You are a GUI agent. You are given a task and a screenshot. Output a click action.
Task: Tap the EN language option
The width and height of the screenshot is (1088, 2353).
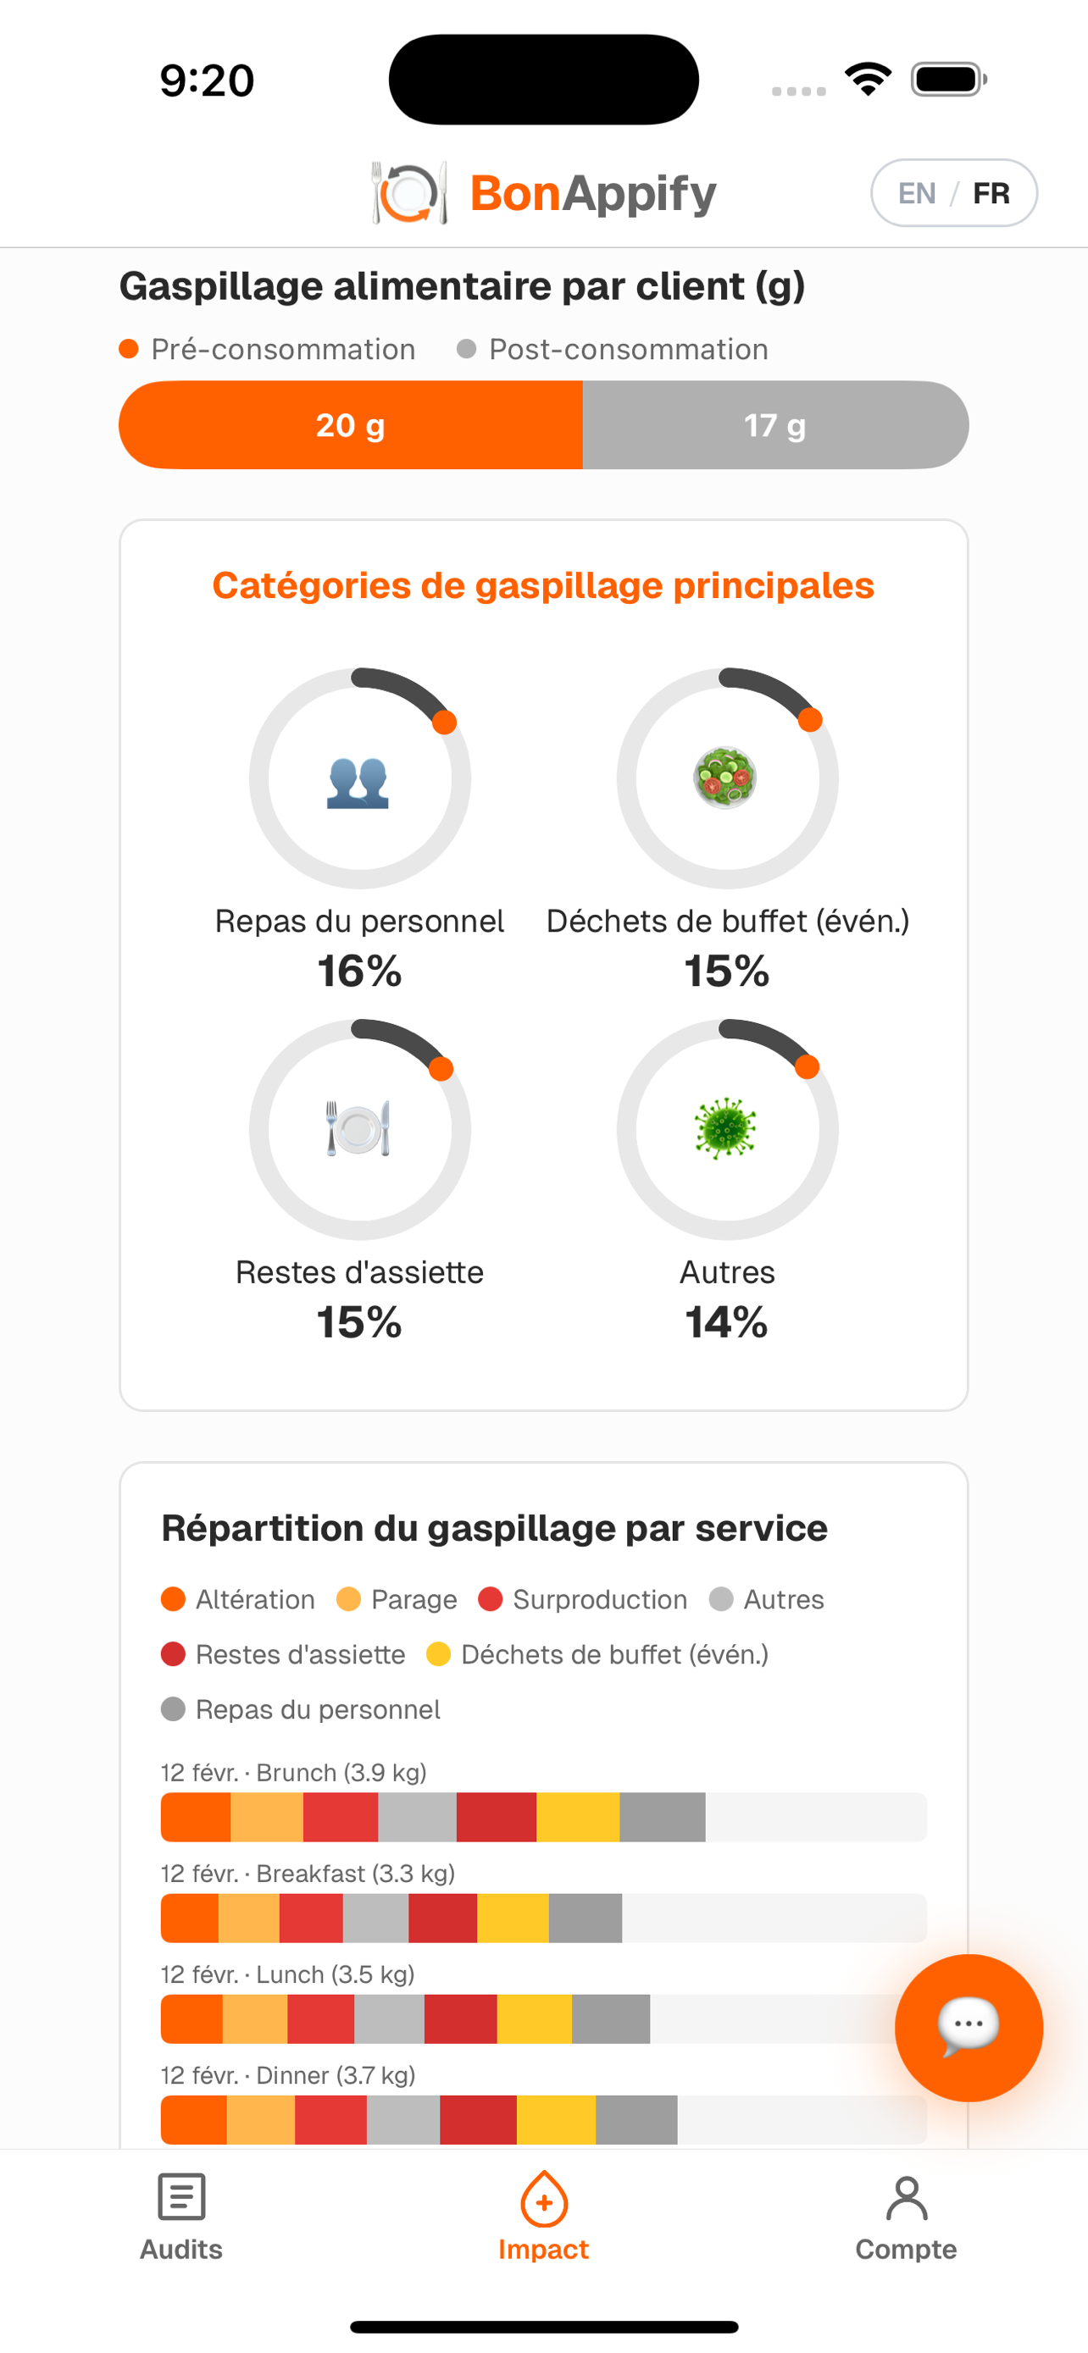click(x=916, y=193)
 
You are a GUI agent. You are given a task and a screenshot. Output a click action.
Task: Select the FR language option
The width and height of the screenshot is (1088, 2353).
click(x=991, y=193)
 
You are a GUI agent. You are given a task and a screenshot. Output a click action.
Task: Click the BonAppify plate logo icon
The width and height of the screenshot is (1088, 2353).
click(x=409, y=193)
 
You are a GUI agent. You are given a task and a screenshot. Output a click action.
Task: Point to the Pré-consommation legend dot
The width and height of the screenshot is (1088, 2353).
click(x=129, y=349)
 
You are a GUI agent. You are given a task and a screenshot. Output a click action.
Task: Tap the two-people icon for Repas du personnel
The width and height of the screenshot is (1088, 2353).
click(x=358, y=782)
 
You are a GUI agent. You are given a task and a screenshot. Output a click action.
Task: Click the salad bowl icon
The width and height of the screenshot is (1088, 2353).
click(x=725, y=778)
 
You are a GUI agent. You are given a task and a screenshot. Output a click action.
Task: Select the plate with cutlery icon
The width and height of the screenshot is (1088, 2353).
click(x=358, y=1128)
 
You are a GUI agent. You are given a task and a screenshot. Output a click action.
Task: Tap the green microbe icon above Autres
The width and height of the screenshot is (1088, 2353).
click(x=725, y=1128)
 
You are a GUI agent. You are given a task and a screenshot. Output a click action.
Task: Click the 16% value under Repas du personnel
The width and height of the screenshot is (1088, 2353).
click(x=359, y=970)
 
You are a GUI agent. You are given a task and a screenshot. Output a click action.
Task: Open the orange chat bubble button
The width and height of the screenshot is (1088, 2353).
click(x=969, y=2027)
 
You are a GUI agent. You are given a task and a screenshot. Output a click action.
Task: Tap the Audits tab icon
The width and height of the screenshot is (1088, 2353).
click(x=180, y=2196)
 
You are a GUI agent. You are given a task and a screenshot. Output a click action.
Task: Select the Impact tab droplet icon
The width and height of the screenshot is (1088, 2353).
click(x=543, y=2199)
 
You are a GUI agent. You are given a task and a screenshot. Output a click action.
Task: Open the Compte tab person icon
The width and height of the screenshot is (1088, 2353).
click(x=906, y=2198)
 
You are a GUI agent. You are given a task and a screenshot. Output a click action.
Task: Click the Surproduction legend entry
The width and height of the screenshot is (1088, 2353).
click(x=583, y=1599)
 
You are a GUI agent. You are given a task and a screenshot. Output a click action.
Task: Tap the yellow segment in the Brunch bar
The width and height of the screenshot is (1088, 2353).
click(x=577, y=1817)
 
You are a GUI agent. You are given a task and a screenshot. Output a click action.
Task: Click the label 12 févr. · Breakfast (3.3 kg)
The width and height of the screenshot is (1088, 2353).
click(x=308, y=1874)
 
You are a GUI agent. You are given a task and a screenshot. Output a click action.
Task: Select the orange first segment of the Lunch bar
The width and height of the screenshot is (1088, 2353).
click(x=191, y=2018)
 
